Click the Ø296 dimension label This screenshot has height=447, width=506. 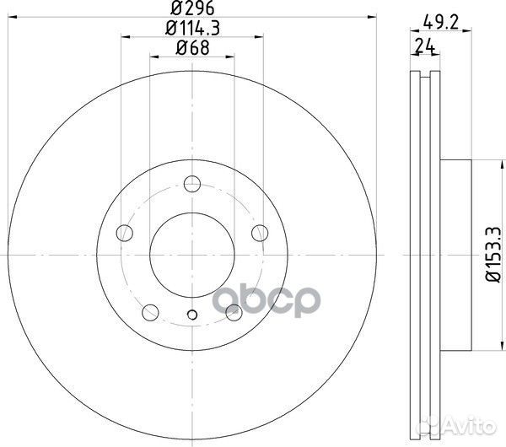[x=192, y=8]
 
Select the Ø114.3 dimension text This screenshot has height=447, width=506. [x=192, y=28]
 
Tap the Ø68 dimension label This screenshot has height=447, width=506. [x=192, y=48]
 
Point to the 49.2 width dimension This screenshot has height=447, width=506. [x=440, y=23]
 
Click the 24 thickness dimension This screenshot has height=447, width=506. [x=425, y=46]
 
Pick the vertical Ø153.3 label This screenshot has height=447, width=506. [x=493, y=255]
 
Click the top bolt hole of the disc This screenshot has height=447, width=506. [x=192, y=184]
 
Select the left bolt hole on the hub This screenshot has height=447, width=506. [x=125, y=233]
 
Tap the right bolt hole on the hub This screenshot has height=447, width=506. [x=260, y=233]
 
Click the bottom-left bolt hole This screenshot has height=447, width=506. [x=150, y=312]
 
